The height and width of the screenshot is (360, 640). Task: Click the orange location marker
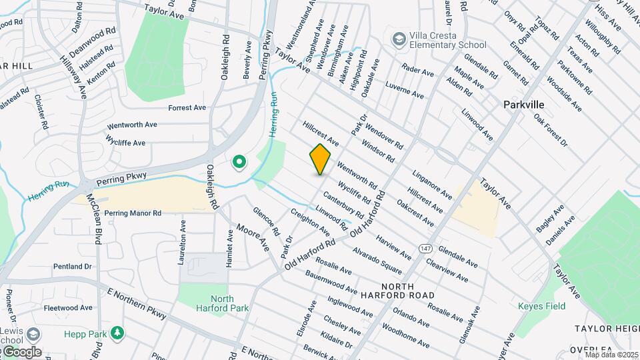tap(321, 159)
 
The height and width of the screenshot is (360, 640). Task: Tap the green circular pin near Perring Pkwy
tap(238, 161)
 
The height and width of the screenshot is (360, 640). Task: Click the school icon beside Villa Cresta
tap(399, 39)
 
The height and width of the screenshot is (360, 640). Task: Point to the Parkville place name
tap(523, 105)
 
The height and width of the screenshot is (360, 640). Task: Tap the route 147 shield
tap(425, 247)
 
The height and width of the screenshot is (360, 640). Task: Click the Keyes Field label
tap(541, 307)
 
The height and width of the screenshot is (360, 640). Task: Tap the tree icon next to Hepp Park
tap(117, 332)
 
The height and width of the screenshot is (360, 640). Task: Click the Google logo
tap(21, 351)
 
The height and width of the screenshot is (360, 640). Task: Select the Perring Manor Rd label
tap(133, 213)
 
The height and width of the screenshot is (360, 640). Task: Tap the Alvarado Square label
tap(377, 259)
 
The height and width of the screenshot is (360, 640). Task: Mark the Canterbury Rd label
tap(343, 205)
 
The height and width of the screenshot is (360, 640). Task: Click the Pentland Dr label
tap(73, 267)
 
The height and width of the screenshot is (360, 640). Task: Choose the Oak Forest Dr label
tap(550, 130)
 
